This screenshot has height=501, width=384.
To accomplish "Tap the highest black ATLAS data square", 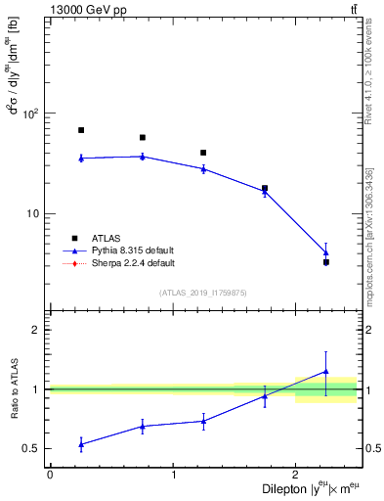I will pyautogui.click(x=81, y=130).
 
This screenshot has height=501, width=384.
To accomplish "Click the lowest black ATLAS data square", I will pyautogui.click(x=325, y=262).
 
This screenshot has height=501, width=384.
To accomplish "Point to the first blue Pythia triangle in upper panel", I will pyautogui.click(x=81, y=158).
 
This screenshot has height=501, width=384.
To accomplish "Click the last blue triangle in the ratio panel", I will pyautogui.click(x=325, y=372).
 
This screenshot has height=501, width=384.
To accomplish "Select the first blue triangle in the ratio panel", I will pyautogui.click(x=81, y=444).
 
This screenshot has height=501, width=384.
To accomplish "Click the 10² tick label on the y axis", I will pyautogui.click(x=31, y=114).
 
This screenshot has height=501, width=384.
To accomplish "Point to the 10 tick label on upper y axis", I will pyautogui.click(x=33, y=214).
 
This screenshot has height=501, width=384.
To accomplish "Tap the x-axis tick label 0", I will pyautogui.click(x=50, y=475).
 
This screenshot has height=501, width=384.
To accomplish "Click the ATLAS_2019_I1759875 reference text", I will pyautogui.click(x=203, y=293).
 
